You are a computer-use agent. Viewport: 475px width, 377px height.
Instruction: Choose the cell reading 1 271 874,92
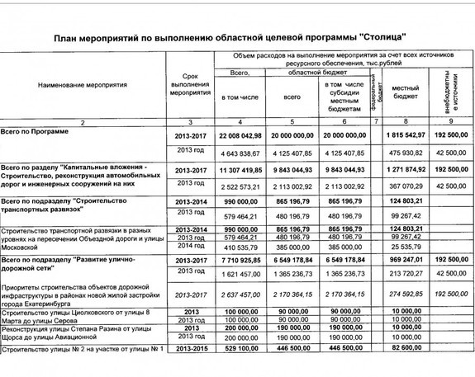click(405, 169)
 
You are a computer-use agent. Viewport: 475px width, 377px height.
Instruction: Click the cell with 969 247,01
click(406, 259)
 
